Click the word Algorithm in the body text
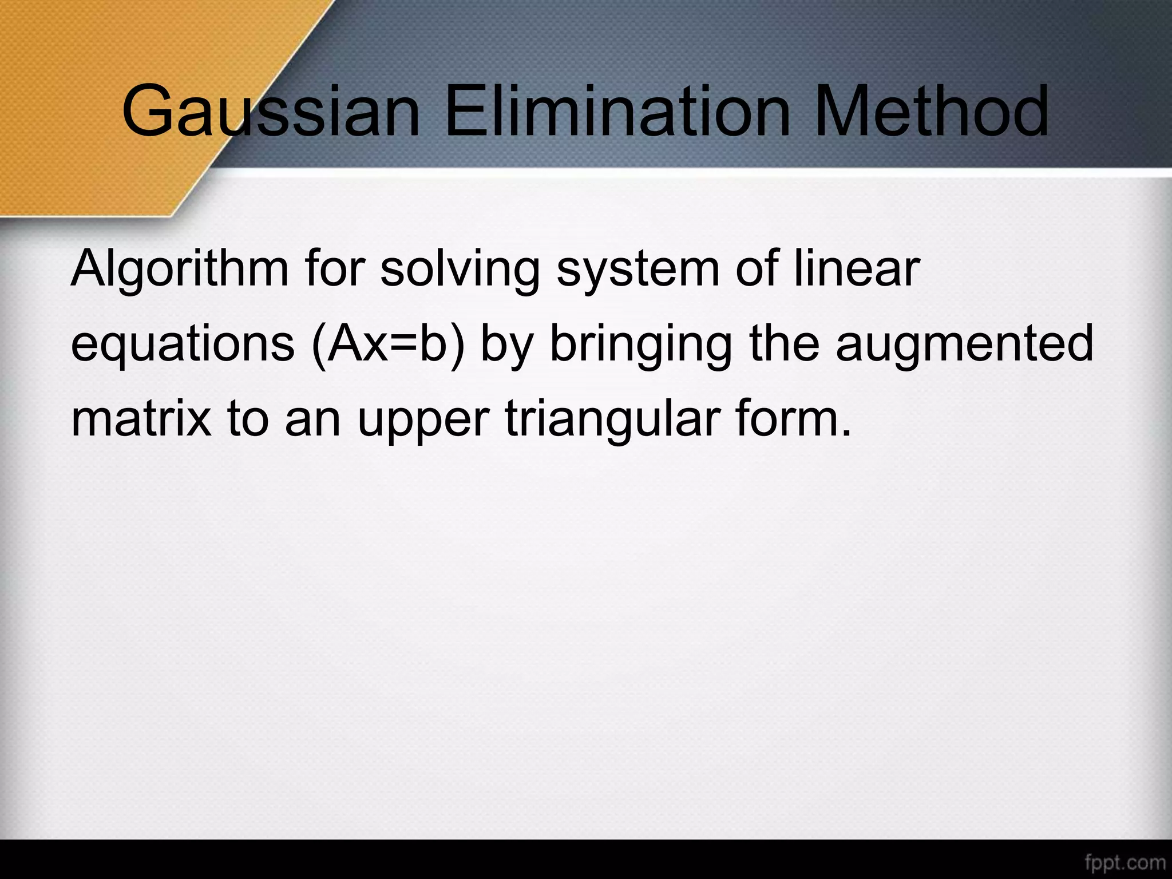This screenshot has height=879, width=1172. [179, 269]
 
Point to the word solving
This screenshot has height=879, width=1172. [460, 269]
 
